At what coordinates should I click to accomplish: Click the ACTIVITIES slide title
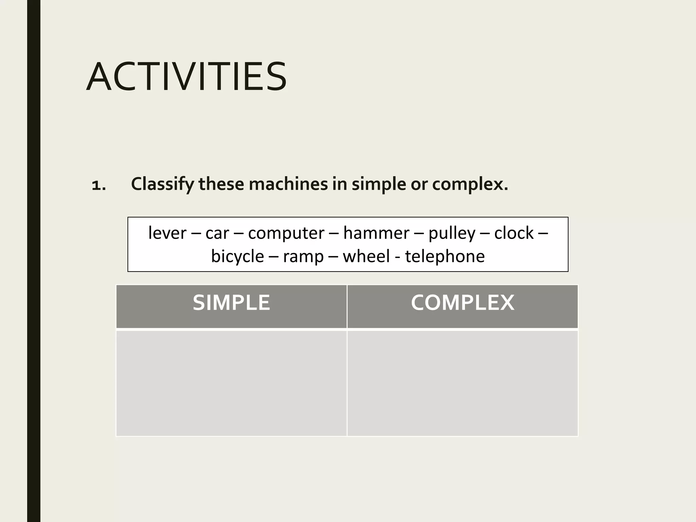tap(187, 77)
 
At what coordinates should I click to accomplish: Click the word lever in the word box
tap(167, 233)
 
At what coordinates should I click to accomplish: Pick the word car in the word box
tap(217, 233)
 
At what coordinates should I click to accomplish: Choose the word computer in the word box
tap(286, 233)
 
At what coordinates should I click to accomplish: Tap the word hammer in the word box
tap(376, 233)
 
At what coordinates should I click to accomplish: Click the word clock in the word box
tap(514, 233)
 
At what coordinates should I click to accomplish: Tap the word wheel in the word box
tap(366, 256)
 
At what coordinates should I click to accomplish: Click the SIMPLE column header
tap(231, 303)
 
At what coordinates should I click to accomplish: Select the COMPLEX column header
tap(463, 303)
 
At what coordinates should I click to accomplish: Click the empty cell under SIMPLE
tap(231, 383)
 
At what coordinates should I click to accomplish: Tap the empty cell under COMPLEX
tap(463, 383)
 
